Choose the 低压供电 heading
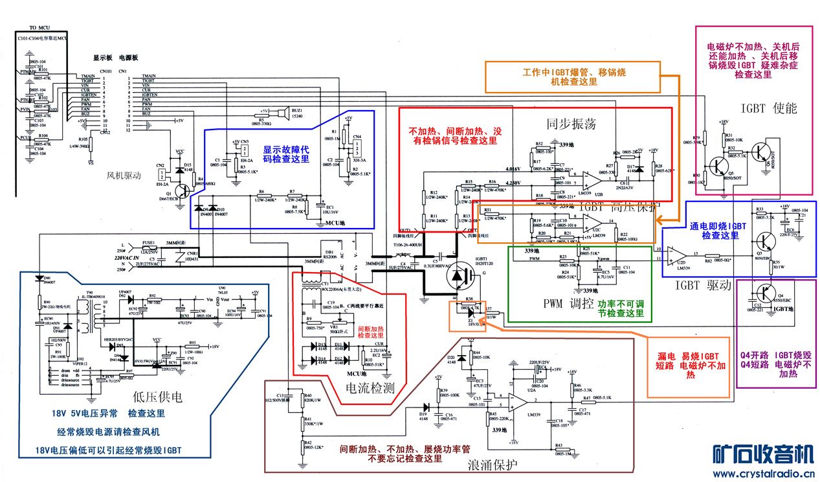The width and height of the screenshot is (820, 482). (157, 395)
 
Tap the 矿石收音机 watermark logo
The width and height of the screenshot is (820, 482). (762, 453)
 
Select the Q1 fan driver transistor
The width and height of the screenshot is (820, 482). (183, 191)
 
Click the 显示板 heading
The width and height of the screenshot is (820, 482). (104, 58)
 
